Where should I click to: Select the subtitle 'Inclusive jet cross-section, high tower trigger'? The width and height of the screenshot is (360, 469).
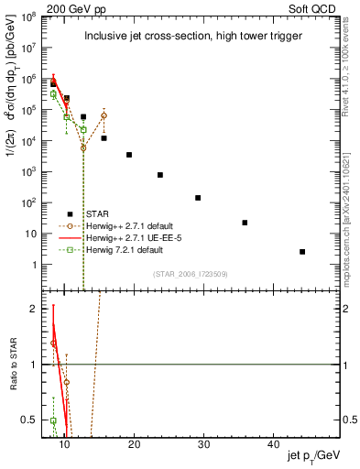click(189, 37)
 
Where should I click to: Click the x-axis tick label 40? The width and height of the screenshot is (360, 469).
click(273, 444)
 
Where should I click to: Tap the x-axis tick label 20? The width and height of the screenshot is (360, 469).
click(134, 444)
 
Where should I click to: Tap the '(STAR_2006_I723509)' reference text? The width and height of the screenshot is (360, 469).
click(196, 273)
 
